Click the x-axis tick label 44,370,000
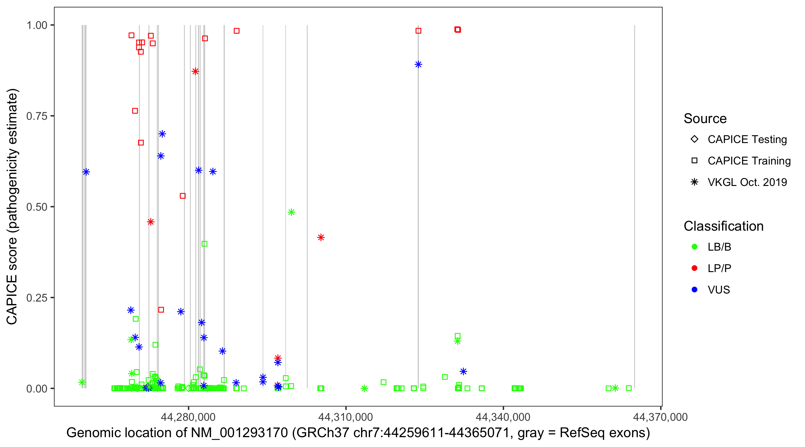(660, 417)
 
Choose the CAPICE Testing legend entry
(747, 139)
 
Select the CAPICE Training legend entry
(749, 161)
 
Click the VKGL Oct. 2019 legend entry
(747, 182)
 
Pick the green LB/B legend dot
(694, 247)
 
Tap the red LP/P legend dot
(694, 268)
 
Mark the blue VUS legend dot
(694, 290)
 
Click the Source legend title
(705, 119)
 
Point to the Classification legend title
(723, 226)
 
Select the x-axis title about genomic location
(358, 433)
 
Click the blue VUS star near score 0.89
(418, 64)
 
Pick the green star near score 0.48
(291, 212)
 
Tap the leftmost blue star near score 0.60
(86, 172)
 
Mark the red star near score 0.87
(195, 72)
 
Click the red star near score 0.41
(321, 238)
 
